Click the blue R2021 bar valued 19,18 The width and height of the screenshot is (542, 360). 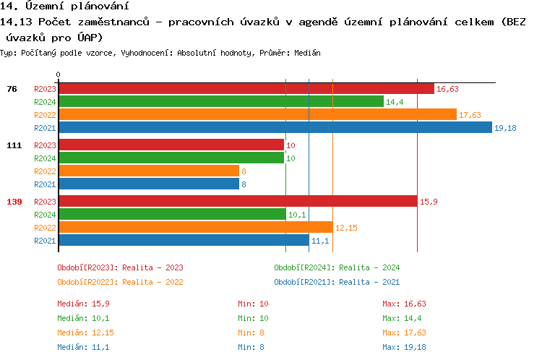point(275,127)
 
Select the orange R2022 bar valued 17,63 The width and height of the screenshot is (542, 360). point(257,114)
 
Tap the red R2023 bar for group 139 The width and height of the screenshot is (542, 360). point(238,202)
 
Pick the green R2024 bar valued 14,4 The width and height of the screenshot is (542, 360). point(220,102)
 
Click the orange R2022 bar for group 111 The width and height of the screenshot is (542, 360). point(148,171)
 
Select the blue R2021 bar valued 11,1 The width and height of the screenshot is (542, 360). point(184,240)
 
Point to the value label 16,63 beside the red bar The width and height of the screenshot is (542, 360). point(447,89)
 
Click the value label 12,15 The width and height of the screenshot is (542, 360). point(346,228)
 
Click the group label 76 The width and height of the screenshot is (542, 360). point(12,89)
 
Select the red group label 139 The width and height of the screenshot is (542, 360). point(14,202)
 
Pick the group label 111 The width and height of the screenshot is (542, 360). point(14,145)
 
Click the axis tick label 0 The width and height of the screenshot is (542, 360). point(59,74)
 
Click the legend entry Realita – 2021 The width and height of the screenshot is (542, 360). point(337,282)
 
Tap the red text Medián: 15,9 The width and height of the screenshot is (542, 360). point(83,304)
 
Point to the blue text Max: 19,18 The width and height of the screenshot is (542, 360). point(404,347)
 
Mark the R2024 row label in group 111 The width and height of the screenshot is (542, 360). point(45,158)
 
